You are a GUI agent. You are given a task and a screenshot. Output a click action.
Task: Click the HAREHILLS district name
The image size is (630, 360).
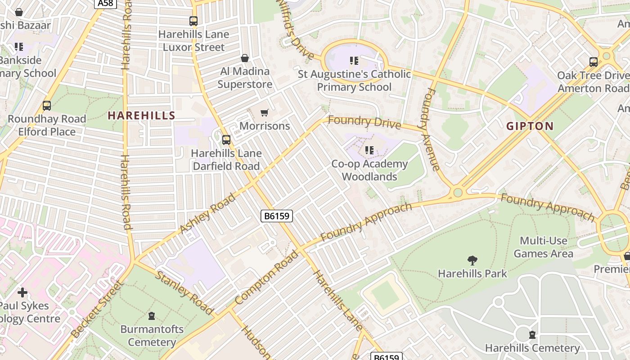point(141,115)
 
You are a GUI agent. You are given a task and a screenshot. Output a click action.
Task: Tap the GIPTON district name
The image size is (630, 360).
point(530,126)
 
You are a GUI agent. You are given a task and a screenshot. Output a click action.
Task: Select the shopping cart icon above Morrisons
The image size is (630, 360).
point(265,112)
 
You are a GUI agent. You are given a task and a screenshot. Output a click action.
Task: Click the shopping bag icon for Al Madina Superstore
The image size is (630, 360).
point(245,58)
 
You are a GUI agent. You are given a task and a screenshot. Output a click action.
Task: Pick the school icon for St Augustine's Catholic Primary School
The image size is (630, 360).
point(354,60)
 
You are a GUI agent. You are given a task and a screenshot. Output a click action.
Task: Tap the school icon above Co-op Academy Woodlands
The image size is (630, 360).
point(369,150)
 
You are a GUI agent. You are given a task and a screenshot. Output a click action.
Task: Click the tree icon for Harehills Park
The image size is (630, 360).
point(472,260)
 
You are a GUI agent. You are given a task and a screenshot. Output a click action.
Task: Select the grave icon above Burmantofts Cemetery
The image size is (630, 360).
point(152,316)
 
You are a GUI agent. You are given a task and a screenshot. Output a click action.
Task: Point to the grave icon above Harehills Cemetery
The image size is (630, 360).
point(532,335)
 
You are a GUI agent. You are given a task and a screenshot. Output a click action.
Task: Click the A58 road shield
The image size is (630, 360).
point(106,4)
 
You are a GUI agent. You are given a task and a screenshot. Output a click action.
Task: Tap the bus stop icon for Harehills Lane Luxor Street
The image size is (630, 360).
point(193,21)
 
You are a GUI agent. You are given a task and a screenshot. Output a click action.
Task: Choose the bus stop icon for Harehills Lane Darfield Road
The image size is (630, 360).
point(226,140)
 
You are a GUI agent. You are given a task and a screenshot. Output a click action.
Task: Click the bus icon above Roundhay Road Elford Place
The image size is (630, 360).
point(47,106)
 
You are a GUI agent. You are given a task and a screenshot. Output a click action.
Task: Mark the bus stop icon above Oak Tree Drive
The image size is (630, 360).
point(594,62)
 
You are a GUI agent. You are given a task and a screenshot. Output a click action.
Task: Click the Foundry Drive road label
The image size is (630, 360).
point(364,122)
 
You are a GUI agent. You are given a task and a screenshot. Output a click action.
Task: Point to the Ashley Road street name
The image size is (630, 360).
point(207,213)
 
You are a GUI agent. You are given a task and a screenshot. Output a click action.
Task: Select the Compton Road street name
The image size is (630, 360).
point(266,277)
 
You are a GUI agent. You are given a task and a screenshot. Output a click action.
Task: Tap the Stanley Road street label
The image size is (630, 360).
point(184,292)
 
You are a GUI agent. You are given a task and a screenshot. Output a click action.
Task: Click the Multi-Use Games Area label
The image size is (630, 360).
point(543,247)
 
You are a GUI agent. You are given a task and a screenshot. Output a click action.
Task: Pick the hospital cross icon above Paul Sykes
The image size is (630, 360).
point(22,292)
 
